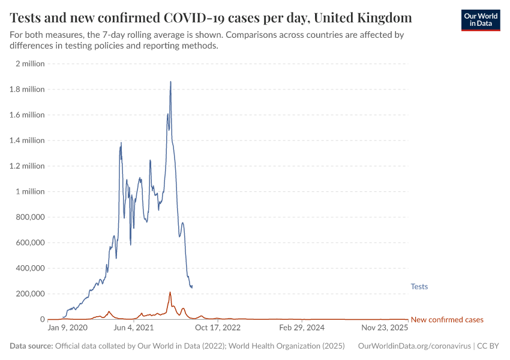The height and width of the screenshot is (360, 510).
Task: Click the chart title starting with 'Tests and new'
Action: click(x=211, y=16)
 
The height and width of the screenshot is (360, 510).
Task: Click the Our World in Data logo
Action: click(x=480, y=20)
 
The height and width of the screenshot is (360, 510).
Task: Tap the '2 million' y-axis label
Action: click(x=30, y=64)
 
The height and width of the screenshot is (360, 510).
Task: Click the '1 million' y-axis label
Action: click(x=30, y=191)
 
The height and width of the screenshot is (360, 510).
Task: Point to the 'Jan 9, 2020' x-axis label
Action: click(x=67, y=328)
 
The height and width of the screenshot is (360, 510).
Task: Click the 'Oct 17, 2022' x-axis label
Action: click(x=217, y=328)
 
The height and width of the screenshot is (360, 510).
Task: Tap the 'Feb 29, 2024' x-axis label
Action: click(x=302, y=328)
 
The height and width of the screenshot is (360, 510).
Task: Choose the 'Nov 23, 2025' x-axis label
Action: click(x=385, y=328)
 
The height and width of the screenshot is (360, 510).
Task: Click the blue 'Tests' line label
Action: click(x=419, y=287)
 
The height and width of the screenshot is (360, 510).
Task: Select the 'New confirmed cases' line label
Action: click(x=446, y=320)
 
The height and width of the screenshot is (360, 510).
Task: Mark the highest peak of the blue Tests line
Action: click(x=170, y=82)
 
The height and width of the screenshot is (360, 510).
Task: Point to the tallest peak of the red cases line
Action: click(x=170, y=292)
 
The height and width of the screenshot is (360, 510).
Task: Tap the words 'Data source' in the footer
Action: click(x=32, y=346)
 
